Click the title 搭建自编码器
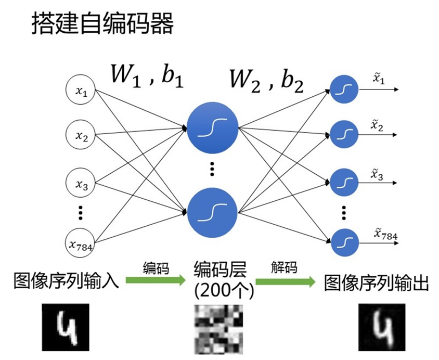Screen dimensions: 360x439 click(102, 24)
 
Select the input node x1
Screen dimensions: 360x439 click(81, 92)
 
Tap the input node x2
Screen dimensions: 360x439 click(81, 136)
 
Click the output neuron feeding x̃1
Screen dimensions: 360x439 click(343, 89)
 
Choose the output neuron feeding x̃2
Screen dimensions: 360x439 click(343, 134)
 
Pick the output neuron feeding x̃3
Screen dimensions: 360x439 click(343, 182)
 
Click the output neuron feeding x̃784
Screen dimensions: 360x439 click(343, 241)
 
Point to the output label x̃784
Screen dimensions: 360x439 click(385, 236)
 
